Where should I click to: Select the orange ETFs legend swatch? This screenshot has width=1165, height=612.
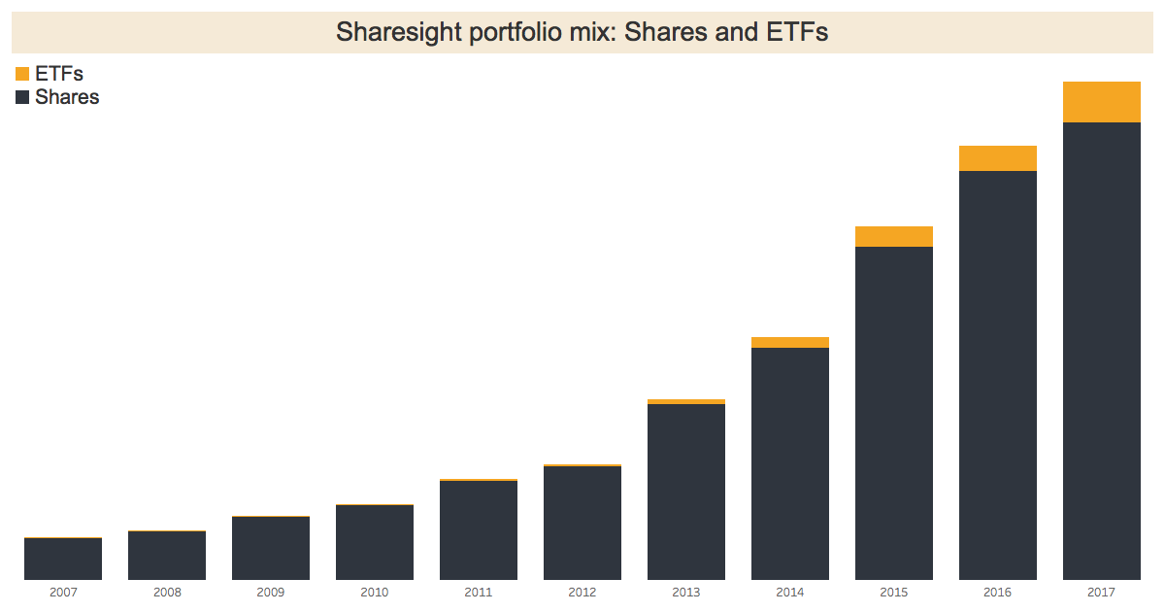click(x=22, y=75)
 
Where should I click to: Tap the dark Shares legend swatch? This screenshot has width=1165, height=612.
click(x=22, y=97)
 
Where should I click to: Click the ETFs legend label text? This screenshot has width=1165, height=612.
click(x=59, y=74)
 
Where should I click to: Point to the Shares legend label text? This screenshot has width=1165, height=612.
click(x=67, y=97)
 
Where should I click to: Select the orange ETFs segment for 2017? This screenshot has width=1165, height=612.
click(x=1101, y=102)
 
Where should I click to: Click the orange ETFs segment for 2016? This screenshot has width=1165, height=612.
click(x=997, y=158)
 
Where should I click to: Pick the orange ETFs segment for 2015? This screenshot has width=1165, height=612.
click(x=893, y=236)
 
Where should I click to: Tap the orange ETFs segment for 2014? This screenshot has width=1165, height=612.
click(x=789, y=342)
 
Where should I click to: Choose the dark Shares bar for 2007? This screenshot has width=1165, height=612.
click(x=63, y=559)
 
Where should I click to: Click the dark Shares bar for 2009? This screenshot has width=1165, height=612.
click(x=271, y=548)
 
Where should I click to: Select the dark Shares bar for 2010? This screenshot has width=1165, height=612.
click(x=375, y=542)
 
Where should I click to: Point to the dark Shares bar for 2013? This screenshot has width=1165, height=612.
click(x=686, y=492)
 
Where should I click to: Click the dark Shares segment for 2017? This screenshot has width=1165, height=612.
click(x=1101, y=351)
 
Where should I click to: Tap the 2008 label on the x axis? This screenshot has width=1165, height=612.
click(x=167, y=592)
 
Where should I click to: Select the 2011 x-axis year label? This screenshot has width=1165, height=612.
click(x=479, y=592)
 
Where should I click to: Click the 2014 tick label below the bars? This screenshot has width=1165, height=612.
click(x=789, y=592)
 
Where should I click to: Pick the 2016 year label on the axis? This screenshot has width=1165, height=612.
click(x=997, y=592)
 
